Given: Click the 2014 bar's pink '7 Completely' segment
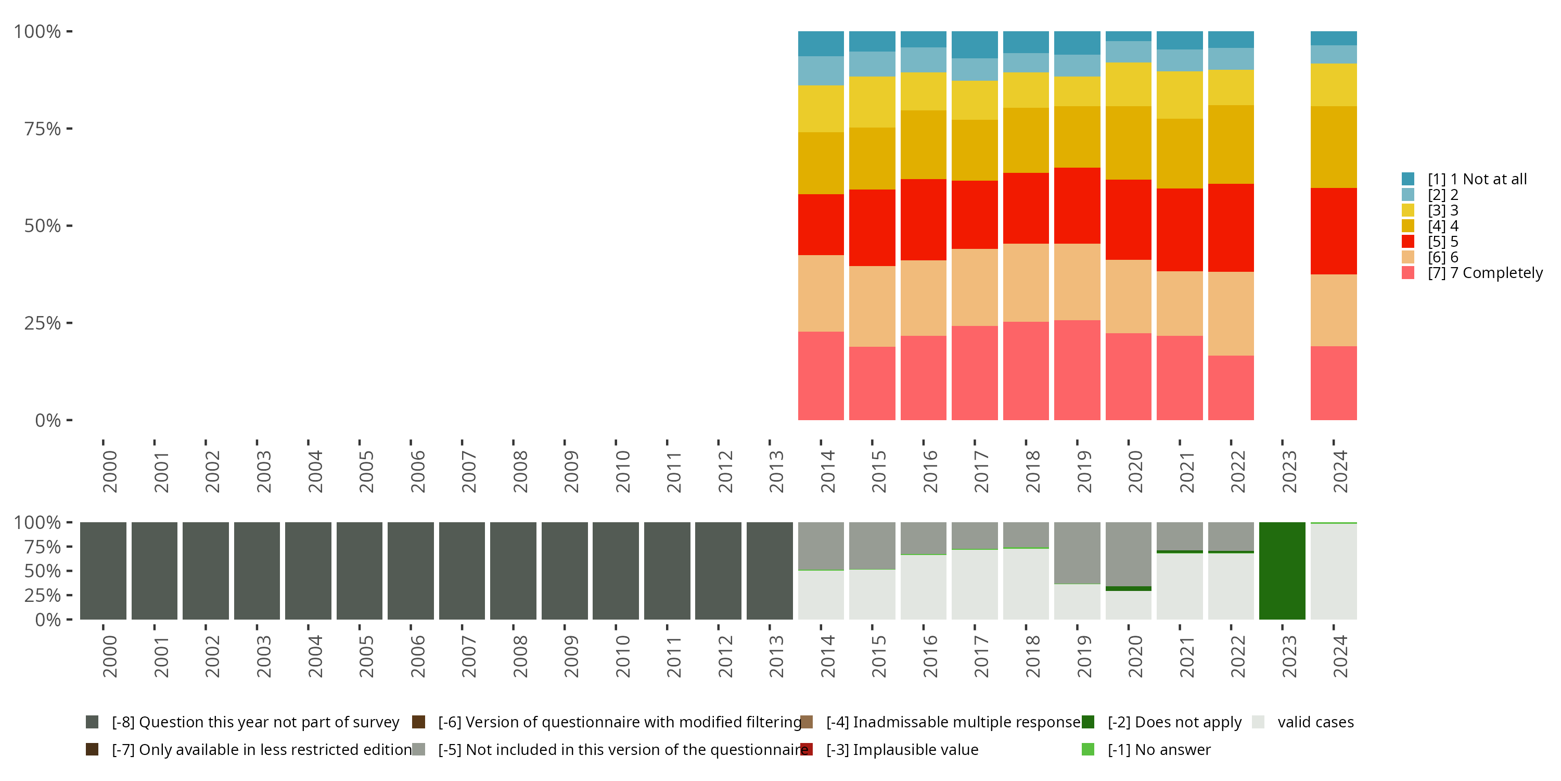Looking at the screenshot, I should (821, 375).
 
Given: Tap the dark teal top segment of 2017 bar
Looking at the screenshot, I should (975, 44).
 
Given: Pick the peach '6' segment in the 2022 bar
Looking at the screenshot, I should (1231, 313).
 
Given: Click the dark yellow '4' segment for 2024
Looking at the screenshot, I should (1333, 147).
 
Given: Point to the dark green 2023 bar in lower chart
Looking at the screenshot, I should (1282, 571).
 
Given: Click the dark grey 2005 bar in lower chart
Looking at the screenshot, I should (360, 571).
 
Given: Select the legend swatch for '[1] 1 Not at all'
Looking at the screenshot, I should (1408, 179).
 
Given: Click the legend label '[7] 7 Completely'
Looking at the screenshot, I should (1485, 273).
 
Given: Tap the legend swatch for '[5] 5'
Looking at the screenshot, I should (1408, 242).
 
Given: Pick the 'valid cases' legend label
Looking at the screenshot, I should (1315, 722).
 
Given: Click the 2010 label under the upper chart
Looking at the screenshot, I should (622, 471).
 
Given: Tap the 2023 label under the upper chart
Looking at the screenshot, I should (1288, 471).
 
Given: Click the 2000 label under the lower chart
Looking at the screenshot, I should (110, 656).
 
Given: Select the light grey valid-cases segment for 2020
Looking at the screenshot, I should (1128, 604).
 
